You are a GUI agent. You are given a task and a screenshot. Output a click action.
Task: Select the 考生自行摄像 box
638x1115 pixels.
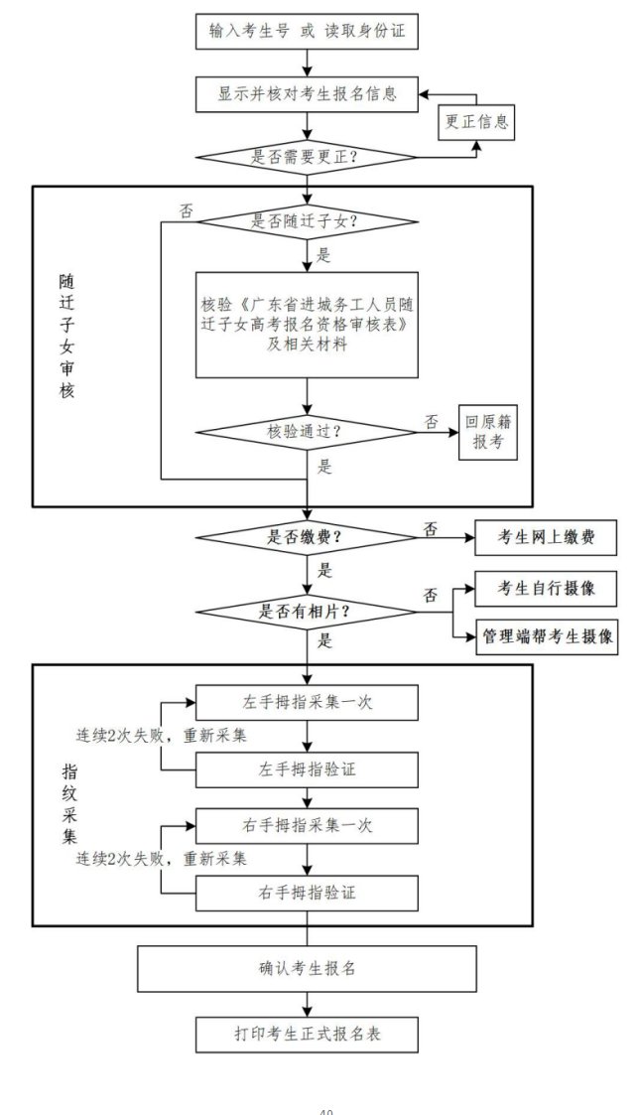(x=548, y=588)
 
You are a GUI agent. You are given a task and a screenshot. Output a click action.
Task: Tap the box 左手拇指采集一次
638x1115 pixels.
(x=307, y=701)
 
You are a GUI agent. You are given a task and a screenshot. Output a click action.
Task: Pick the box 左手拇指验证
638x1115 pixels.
(x=307, y=768)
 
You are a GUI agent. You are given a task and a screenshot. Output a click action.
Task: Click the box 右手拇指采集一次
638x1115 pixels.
(x=307, y=824)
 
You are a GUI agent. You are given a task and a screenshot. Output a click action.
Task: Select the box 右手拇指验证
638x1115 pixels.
(x=307, y=891)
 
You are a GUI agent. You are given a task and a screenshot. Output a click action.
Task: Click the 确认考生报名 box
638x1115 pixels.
(x=307, y=968)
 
